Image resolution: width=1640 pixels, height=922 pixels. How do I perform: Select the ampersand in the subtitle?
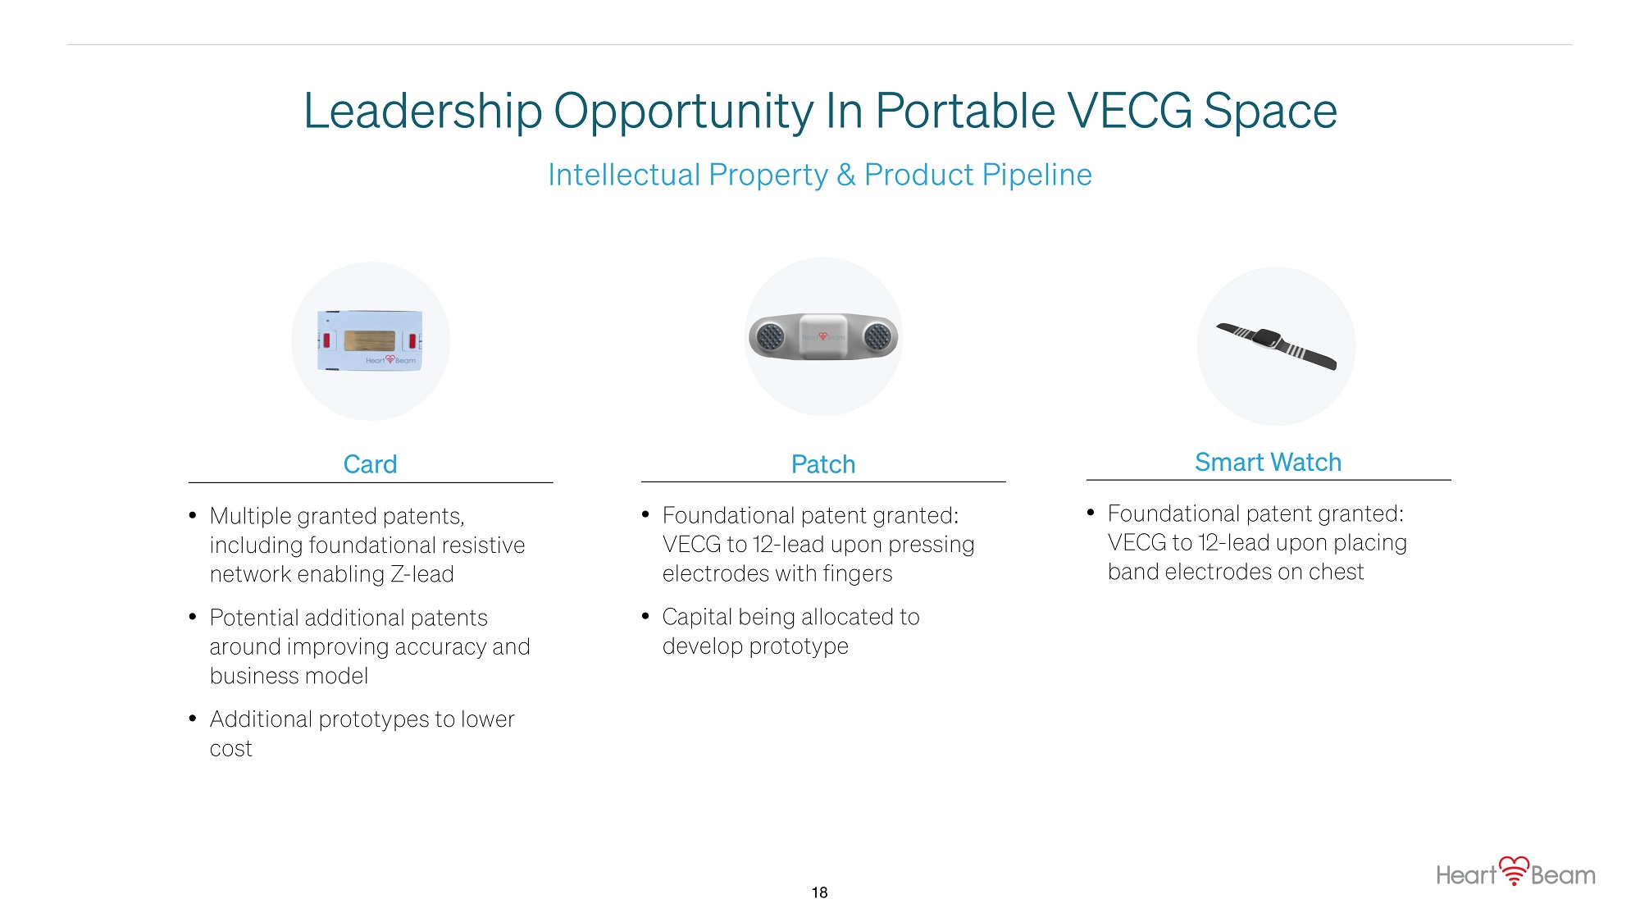[846, 175]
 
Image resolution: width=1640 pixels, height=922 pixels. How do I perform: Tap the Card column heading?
[370, 464]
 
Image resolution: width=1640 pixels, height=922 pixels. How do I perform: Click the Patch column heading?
[823, 464]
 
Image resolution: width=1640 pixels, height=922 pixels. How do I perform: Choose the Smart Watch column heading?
[1268, 462]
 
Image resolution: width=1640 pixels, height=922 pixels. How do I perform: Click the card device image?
[370, 340]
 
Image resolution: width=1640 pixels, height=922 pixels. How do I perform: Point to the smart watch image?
[1276, 345]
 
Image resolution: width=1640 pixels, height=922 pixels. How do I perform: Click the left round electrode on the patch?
[770, 336]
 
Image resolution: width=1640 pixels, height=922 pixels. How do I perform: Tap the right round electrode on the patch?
[877, 336]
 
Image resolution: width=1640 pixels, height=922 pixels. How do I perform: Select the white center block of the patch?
[823, 336]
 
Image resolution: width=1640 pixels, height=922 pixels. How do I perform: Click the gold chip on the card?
[370, 340]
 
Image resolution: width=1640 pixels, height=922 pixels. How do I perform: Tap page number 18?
[819, 892]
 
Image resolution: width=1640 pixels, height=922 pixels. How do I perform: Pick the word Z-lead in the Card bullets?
[421, 574]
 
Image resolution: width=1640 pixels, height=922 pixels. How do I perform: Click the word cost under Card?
[231, 749]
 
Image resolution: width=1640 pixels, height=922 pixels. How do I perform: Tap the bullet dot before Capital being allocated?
[645, 615]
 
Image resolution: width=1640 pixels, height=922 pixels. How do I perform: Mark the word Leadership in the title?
[423, 112]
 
